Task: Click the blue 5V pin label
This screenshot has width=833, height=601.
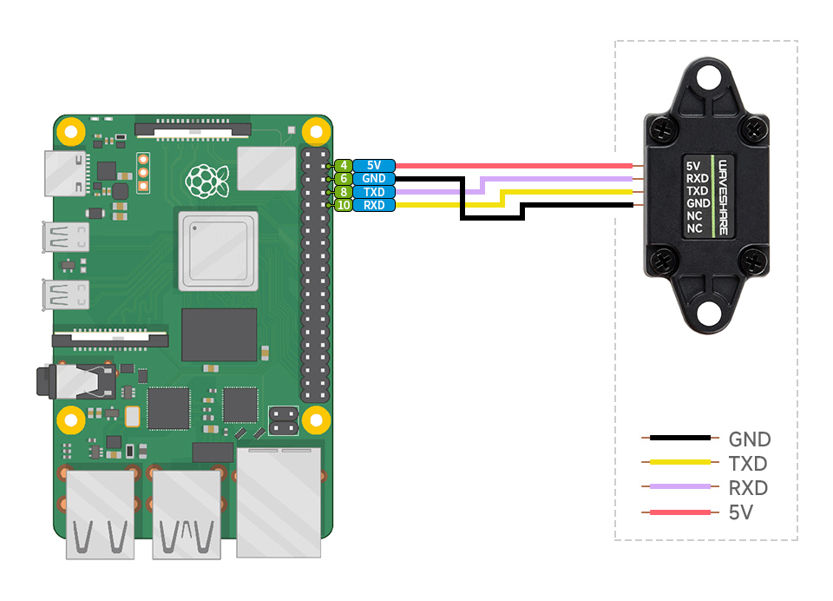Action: [x=374, y=165]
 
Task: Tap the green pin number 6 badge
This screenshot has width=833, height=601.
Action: [x=344, y=178]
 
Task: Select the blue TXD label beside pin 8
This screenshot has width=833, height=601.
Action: [x=374, y=192]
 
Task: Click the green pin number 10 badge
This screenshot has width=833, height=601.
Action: [x=344, y=205]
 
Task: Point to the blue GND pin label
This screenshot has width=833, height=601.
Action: [x=374, y=178]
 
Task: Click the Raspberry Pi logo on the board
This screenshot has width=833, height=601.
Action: [x=207, y=180]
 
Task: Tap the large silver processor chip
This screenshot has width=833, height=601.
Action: [x=218, y=251]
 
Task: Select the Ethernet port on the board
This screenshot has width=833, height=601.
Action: [x=279, y=499]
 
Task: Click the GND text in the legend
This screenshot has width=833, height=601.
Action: [x=750, y=439]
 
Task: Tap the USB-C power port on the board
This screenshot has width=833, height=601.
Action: [x=66, y=174]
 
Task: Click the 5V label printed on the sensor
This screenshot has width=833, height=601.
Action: [x=692, y=166]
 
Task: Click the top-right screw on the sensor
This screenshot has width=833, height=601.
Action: [x=753, y=130]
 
